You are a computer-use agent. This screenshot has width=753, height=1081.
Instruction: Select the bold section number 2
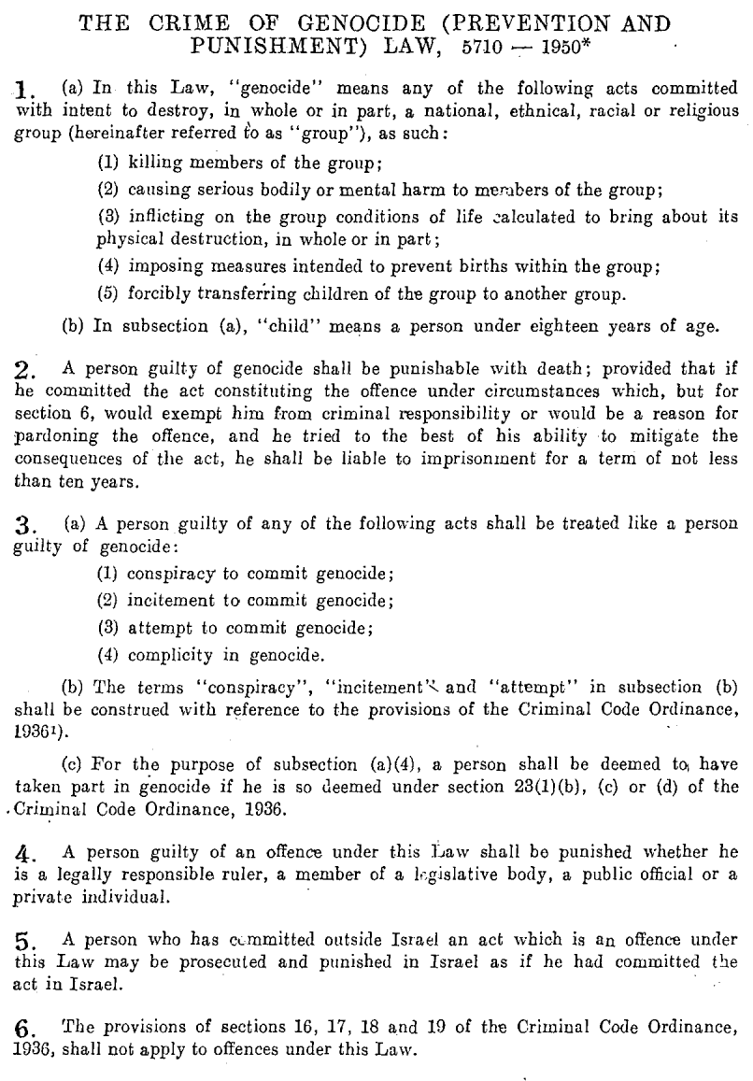tap(25, 371)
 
